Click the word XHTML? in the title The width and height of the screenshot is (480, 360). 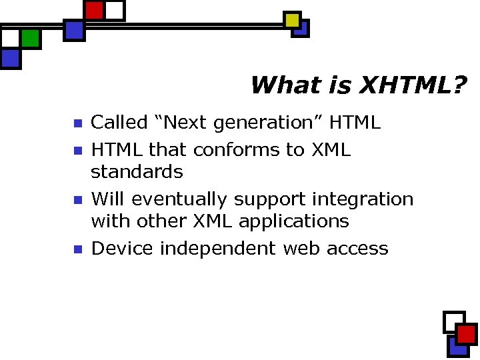(413, 85)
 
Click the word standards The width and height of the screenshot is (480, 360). (137, 172)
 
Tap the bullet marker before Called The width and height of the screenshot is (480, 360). (77, 123)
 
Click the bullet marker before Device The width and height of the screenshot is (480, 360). (77, 249)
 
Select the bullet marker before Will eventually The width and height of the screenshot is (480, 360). (77, 200)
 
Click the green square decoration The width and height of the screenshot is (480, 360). (30, 39)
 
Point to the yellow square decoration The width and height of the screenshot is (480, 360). (292, 21)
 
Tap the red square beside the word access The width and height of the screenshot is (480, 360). (466, 334)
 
